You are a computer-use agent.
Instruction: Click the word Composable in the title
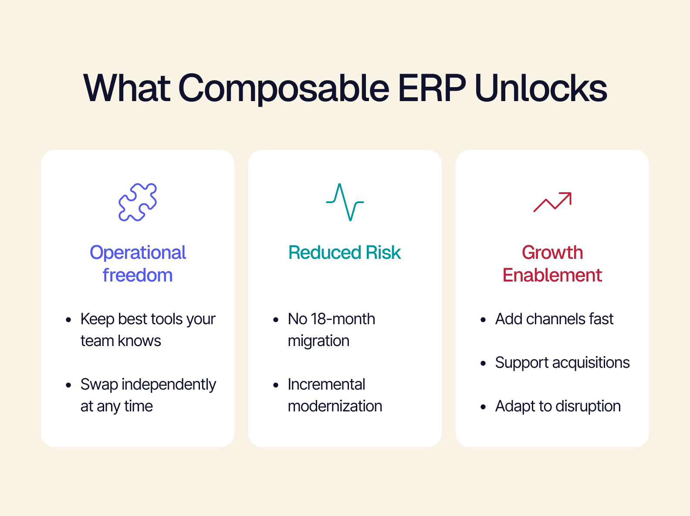point(284,88)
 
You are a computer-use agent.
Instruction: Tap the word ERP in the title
point(432,88)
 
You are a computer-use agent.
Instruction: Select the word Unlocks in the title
point(541,88)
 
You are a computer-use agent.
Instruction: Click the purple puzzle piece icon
point(138,202)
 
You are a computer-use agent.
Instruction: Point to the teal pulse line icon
point(345,202)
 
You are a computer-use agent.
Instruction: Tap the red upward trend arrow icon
point(552,202)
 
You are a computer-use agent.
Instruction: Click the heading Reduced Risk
point(345,252)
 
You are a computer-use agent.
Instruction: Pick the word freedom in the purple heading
point(138,275)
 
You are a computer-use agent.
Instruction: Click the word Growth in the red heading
point(552,252)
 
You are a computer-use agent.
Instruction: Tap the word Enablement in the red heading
point(552,275)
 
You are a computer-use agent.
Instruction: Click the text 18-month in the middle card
point(343,319)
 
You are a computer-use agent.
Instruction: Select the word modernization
point(335,406)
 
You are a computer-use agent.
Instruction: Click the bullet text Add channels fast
point(554,319)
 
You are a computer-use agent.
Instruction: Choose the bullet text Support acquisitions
point(562,363)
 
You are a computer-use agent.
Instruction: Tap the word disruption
point(588,407)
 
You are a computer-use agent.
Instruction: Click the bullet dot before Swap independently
point(68,385)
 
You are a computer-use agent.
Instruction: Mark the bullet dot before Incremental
point(276,385)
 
